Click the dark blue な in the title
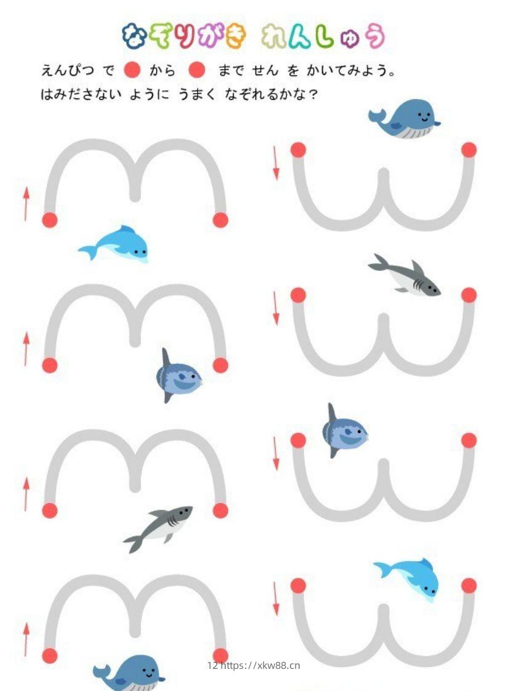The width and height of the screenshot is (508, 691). pos(135,36)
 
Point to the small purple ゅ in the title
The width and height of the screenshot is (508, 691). pos(350,39)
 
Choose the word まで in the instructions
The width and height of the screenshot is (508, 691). pos(230,70)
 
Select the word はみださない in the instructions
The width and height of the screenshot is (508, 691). pos(81,94)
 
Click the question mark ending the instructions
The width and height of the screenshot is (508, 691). pos(313,94)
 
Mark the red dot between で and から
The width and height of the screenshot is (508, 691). pos(132,70)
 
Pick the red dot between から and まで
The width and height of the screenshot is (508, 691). pos(196,70)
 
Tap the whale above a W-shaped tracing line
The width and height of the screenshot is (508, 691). pos(404,118)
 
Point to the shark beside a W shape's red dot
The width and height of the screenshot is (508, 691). pos(405,275)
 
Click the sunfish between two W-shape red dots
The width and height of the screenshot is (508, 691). pos(344,431)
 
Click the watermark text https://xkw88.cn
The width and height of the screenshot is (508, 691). pos(260,665)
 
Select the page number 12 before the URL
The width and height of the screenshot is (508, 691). pos(212,665)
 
